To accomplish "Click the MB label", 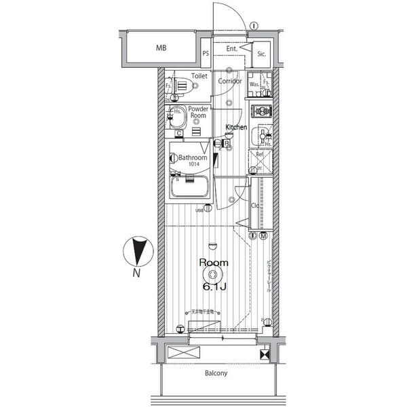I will point(161,48).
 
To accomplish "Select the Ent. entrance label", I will point(232,48).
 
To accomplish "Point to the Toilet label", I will point(199,77).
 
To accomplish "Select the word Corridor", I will point(230,81).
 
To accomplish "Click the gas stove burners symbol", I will point(261,111).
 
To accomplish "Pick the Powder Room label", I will point(198,113).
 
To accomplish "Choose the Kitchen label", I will point(235,128).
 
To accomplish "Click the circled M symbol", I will point(263,235).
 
